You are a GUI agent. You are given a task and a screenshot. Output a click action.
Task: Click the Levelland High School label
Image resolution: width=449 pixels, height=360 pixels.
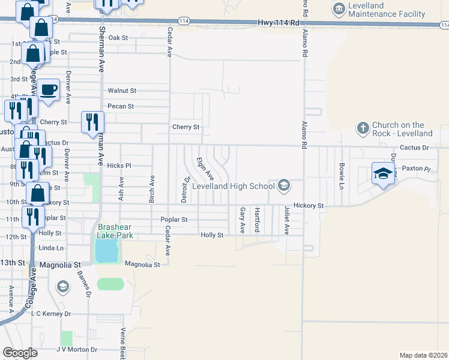(233, 187)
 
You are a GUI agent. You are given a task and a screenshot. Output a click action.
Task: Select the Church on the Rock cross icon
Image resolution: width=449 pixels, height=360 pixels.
(362, 128)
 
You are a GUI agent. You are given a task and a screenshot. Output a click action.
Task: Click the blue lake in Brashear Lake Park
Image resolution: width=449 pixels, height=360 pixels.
(106, 254)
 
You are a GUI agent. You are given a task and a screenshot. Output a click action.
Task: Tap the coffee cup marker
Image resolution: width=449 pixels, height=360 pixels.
(49, 90)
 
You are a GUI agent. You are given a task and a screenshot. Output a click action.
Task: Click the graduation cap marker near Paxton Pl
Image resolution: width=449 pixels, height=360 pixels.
(383, 173)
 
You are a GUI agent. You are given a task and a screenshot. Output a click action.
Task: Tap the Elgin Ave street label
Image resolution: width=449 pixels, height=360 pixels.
(205, 169)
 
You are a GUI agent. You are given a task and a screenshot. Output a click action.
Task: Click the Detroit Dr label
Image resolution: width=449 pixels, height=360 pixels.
(186, 188)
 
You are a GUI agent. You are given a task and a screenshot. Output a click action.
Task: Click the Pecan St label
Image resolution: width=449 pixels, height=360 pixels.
(120, 107)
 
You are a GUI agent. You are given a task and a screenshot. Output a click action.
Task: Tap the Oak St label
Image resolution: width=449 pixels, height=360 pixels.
(118, 38)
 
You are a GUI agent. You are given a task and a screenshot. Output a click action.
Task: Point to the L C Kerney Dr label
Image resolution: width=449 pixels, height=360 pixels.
(50, 314)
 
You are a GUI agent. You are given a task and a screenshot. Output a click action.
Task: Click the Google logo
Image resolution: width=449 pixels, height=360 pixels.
(20, 352)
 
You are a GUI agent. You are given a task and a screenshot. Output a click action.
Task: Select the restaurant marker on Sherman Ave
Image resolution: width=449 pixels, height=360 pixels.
(92, 122)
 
